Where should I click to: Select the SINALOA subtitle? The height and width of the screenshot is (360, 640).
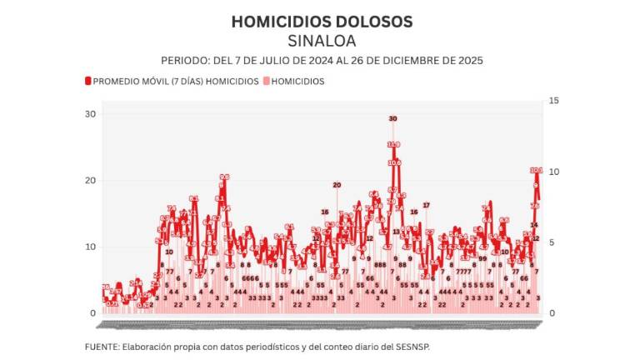coord(321,41)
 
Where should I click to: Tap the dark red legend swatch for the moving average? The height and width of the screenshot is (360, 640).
coord(87,82)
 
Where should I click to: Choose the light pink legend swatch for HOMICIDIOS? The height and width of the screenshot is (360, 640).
coord(267,82)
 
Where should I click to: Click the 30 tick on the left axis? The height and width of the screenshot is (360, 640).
coord(90,114)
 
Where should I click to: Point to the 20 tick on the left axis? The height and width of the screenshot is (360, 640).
coord(90,181)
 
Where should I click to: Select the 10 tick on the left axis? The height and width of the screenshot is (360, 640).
coord(90,247)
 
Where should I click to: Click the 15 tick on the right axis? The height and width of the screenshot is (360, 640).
coord(552,101)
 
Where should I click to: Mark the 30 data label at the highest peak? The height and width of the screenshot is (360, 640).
coord(392,119)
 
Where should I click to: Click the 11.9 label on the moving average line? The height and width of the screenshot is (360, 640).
coord(393,145)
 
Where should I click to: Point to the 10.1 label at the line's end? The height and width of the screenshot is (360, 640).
coord(536,171)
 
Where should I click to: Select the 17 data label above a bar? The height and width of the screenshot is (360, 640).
coord(426,205)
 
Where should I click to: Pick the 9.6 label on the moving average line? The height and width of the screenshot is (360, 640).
coord(224,177)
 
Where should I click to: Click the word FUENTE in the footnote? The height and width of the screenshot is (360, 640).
coord(102,346)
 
